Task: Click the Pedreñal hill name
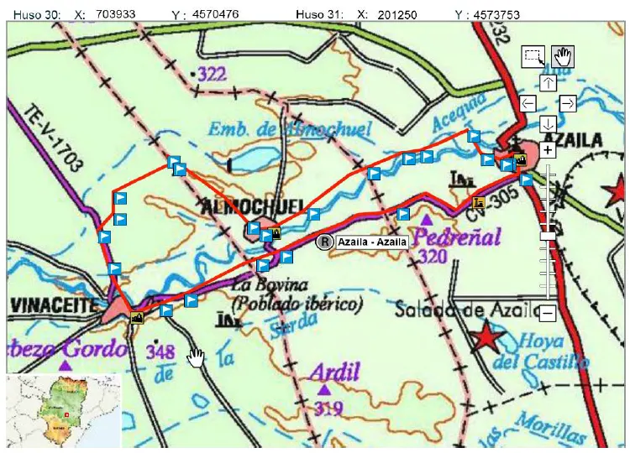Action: click(x=454, y=234)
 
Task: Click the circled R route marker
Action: click(x=323, y=242)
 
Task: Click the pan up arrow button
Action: click(x=548, y=82)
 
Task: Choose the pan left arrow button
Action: click(x=528, y=103)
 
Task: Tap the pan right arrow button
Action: click(x=568, y=103)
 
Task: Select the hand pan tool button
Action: click(x=562, y=56)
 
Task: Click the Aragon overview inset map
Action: click(x=62, y=412)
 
